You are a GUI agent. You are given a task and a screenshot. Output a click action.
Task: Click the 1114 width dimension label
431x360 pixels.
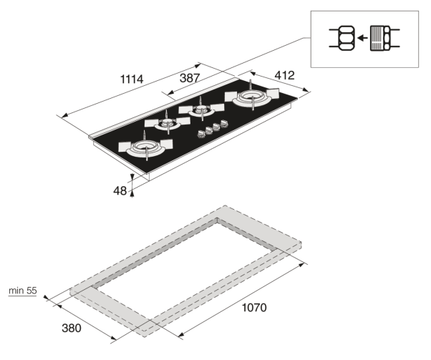[132, 79]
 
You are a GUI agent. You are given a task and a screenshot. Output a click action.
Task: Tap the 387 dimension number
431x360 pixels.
[190, 78]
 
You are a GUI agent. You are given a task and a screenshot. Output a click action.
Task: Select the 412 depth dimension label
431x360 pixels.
[284, 75]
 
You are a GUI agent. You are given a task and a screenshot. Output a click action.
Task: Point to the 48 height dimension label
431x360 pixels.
[120, 190]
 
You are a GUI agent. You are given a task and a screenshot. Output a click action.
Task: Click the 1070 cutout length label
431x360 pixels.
[254, 308]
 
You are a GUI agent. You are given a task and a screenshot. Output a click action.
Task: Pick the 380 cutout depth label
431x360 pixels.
[72, 328]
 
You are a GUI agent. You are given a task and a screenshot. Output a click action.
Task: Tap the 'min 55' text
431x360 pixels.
[22, 291]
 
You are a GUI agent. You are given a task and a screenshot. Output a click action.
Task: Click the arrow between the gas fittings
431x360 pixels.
[362, 38]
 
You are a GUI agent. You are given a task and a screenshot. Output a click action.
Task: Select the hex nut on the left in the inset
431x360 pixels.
[346, 38]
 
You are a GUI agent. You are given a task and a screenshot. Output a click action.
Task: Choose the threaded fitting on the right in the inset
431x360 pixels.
[380, 38]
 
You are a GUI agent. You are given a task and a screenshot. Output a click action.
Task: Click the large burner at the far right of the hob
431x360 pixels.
[252, 97]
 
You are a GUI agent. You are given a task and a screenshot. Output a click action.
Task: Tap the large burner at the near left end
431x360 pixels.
[145, 148]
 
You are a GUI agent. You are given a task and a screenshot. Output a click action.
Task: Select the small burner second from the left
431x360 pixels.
[168, 123]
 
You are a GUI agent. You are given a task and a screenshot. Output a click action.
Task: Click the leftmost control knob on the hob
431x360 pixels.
[201, 134]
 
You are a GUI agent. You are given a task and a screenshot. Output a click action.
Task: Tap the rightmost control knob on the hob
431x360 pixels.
[224, 123]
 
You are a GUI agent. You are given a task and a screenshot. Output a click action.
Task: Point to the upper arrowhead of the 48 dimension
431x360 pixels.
[132, 177]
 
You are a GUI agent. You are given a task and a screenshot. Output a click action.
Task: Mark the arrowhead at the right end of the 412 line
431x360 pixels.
[305, 89]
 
